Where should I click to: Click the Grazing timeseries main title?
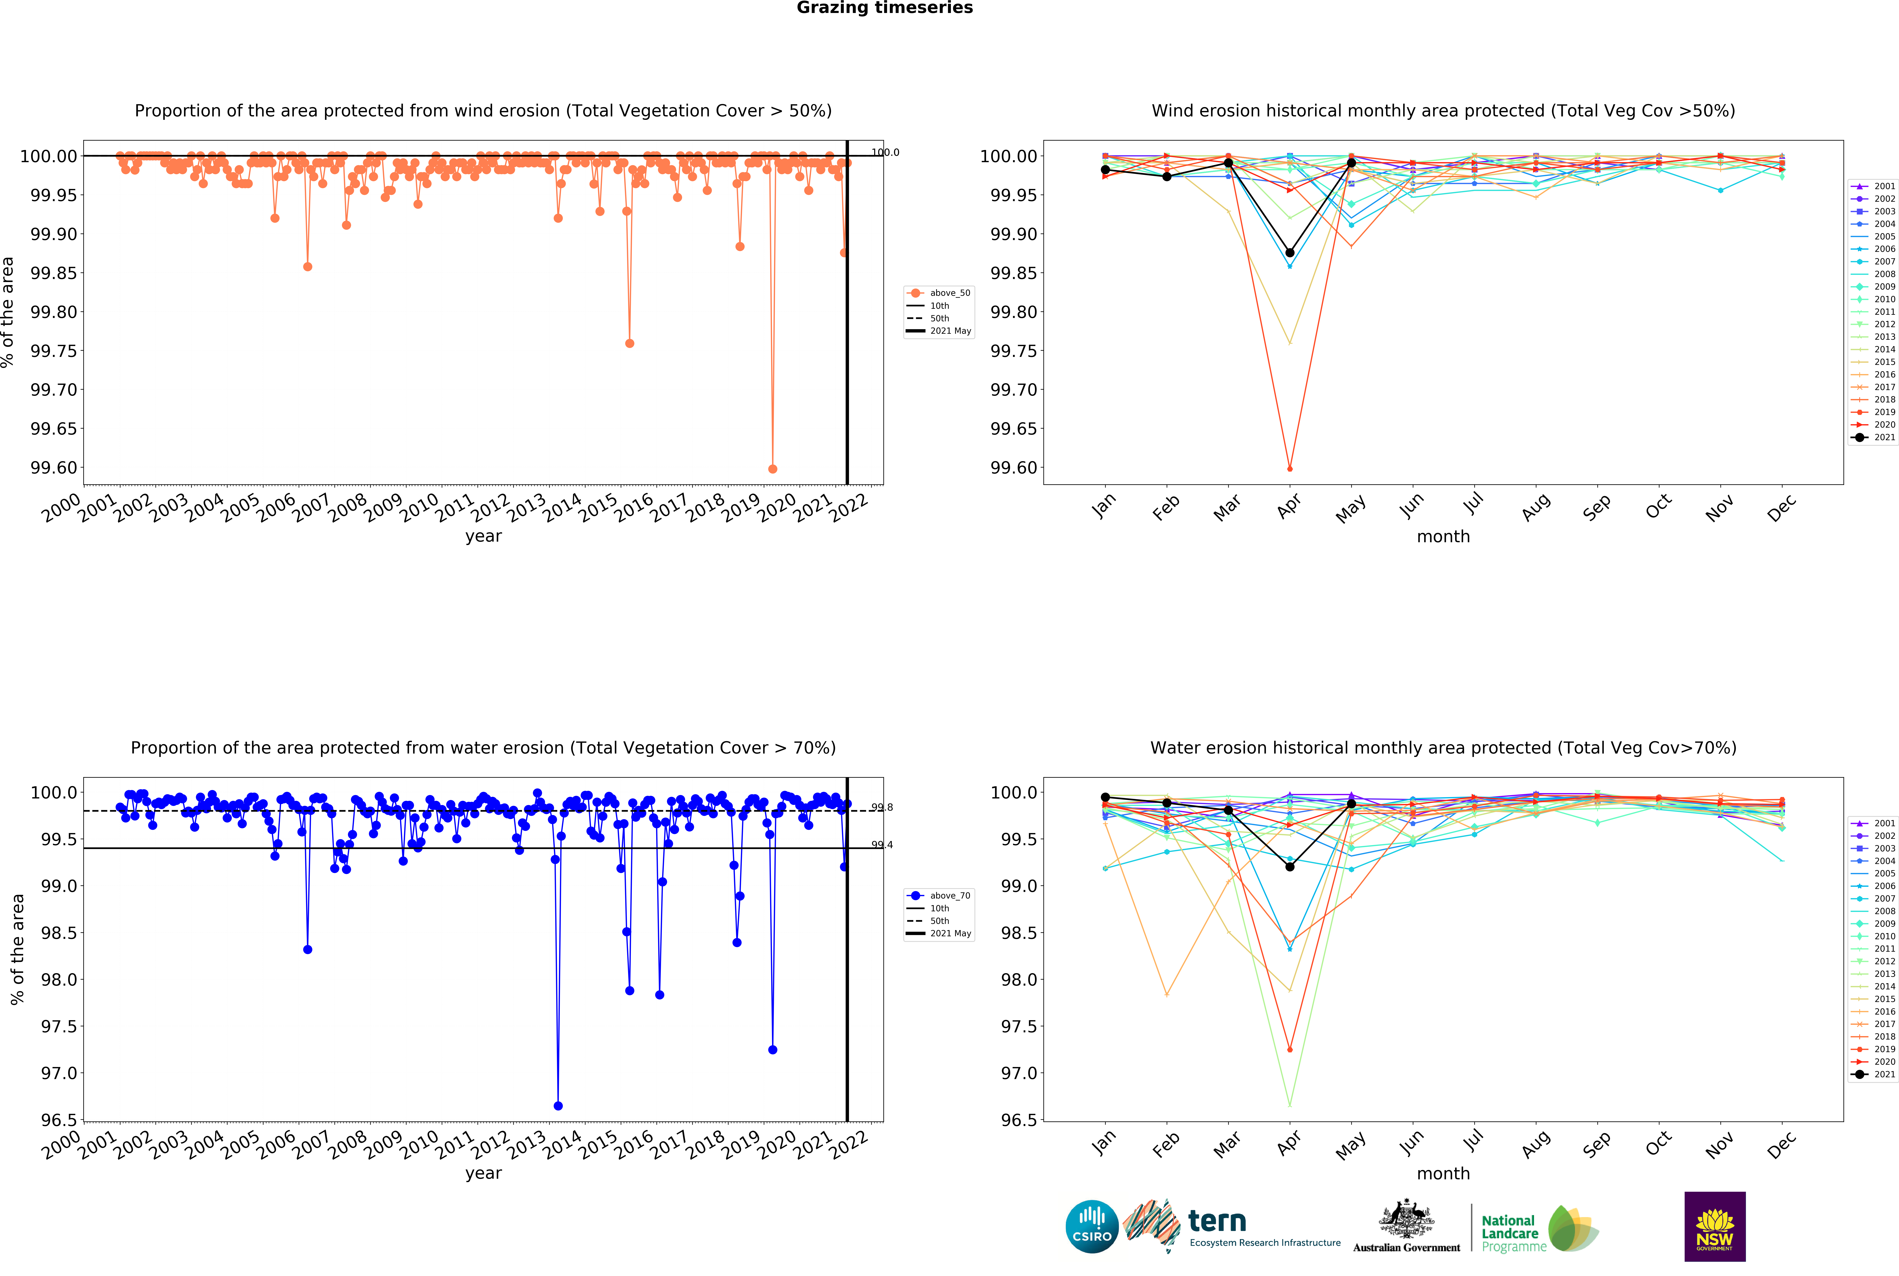coord(884,8)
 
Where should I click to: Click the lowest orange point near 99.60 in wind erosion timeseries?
coord(773,469)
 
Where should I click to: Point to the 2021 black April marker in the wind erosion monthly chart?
coord(1289,253)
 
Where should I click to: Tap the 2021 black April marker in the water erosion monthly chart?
coord(1289,867)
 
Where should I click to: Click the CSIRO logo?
coord(1092,1226)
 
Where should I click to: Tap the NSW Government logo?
coord(1714,1226)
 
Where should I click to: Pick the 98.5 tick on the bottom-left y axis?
coord(59,933)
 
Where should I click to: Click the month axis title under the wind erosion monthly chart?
coord(1443,536)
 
